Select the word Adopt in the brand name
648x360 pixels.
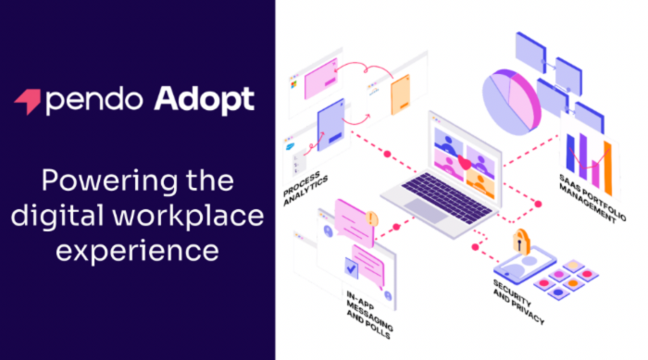coord(206,100)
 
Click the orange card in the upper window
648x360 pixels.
coord(400,93)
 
